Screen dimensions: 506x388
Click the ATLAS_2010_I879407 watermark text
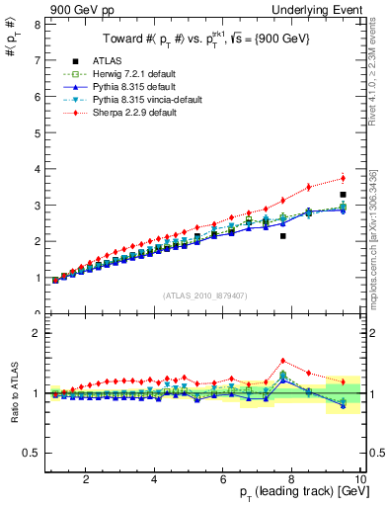point(204,295)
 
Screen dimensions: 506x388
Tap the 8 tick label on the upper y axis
point(37,24)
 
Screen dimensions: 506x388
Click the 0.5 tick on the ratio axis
point(33,453)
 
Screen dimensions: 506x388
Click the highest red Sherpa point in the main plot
point(343,178)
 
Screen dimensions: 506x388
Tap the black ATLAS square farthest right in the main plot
point(343,195)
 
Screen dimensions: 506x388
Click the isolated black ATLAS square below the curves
point(283,236)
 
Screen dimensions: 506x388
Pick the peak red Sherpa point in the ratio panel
point(283,361)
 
